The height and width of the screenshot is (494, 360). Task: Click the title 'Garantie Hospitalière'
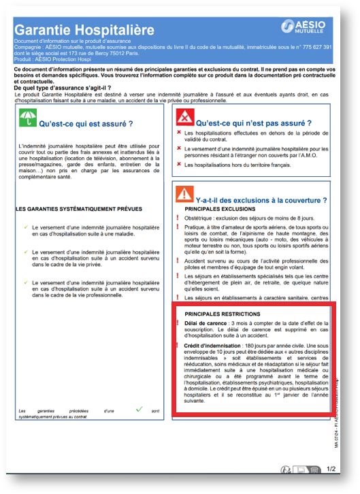click(75, 30)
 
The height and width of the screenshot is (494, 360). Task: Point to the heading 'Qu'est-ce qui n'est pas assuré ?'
click(249, 123)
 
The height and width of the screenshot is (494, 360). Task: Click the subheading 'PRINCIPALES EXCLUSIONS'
click(218, 209)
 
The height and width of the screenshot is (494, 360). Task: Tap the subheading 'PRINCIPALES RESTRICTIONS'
click(222, 313)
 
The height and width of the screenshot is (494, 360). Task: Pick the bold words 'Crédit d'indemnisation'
click(212, 346)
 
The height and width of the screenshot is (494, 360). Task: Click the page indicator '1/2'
click(331, 469)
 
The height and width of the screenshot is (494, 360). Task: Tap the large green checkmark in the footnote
click(139, 409)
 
